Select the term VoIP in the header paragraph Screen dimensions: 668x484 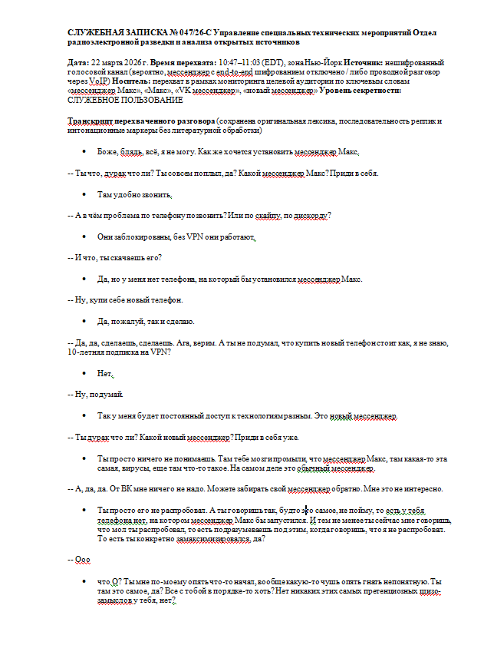(x=97, y=81)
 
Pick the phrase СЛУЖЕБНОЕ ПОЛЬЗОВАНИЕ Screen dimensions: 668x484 (x=126, y=101)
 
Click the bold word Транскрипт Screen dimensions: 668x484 (x=93, y=121)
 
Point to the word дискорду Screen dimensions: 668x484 (x=311, y=215)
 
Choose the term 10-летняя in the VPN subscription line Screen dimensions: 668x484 (x=88, y=352)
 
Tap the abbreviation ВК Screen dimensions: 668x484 (x=119, y=489)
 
